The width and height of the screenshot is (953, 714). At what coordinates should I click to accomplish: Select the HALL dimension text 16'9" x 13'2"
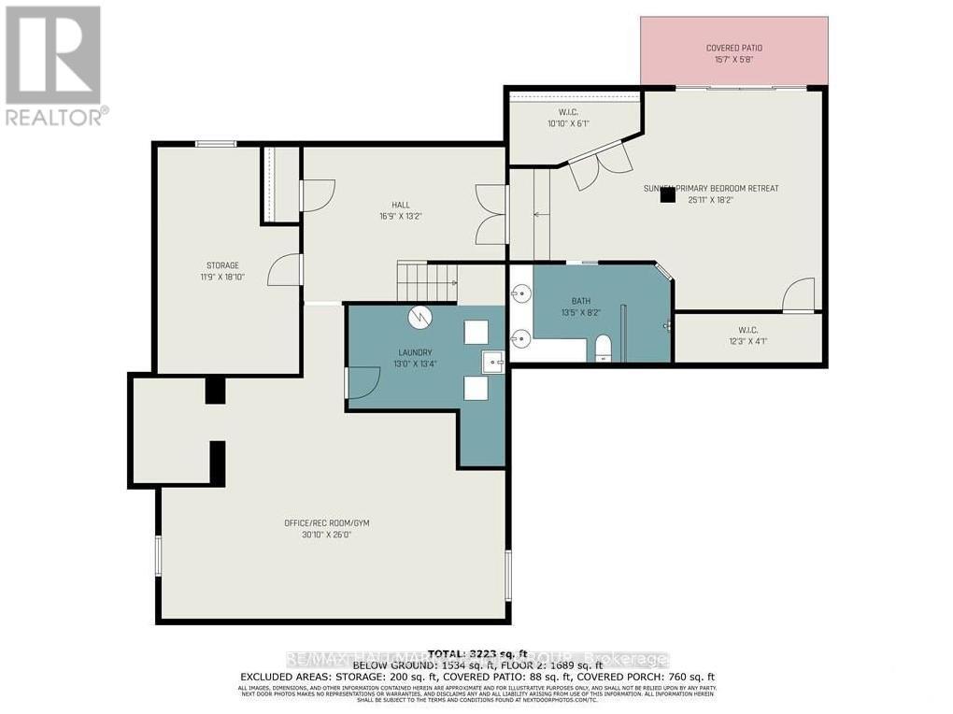[401, 216]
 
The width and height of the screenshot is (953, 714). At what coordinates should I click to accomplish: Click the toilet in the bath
[603, 349]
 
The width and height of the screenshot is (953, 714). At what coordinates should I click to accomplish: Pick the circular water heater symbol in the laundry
[419, 318]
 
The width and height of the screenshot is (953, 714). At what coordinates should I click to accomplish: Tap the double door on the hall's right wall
[491, 213]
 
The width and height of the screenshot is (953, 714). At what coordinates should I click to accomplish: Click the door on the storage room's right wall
[284, 270]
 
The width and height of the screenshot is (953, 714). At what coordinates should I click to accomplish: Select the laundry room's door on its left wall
[363, 382]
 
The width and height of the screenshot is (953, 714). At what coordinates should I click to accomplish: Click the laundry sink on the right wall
[492, 361]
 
